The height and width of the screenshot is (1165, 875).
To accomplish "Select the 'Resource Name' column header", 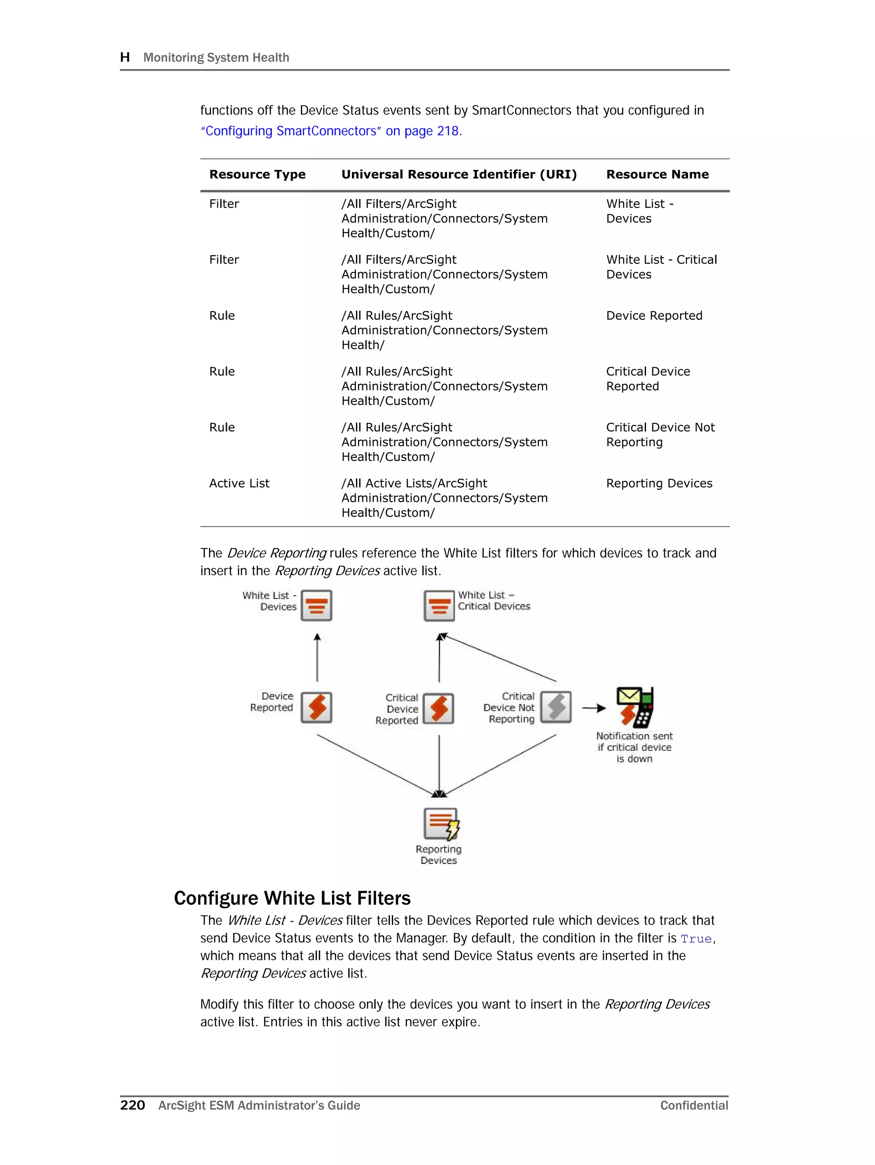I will pyautogui.click(x=657, y=174).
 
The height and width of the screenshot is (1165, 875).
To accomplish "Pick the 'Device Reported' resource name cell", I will pyautogui.click(x=654, y=316).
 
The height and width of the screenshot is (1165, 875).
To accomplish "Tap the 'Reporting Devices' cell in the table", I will pyautogui.click(x=659, y=483).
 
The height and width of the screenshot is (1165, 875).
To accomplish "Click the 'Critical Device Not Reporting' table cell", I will pyautogui.click(x=660, y=434).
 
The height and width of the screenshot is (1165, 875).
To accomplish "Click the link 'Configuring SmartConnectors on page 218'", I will pyautogui.click(x=331, y=131).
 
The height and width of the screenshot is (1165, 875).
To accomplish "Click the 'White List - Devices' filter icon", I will pyautogui.click(x=317, y=606).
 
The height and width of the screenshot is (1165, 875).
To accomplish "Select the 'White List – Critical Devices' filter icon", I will pyautogui.click(x=439, y=606).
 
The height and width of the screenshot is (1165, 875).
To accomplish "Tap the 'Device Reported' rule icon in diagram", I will pyautogui.click(x=317, y=707).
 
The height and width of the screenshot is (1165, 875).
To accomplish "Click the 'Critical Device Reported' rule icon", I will pyautogui.click(x=439, y=708).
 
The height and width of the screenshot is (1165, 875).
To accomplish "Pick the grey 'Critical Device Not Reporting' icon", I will pyautogui.click(x=556, y=707).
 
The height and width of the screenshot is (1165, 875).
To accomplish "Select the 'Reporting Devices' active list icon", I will pyautogui.click(x=440, y=824).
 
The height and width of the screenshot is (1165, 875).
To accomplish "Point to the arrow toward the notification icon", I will pyautogui.click(x=594, y=708).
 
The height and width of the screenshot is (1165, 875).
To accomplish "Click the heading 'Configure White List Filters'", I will pyautogui.click(x=292, y=898).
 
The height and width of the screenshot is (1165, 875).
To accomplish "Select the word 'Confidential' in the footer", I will pyautogui.click(x=694, y=1106).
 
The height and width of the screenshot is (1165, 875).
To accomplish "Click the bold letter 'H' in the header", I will pyautogui.click(x=125, y=57).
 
